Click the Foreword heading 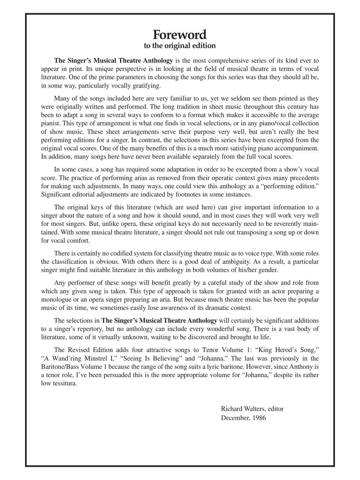pyautogui.click(x=180, y=34)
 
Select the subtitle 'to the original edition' pyautogui.click(x=180, y=45)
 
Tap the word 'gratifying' pyautogui.click(x=146, y=86)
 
